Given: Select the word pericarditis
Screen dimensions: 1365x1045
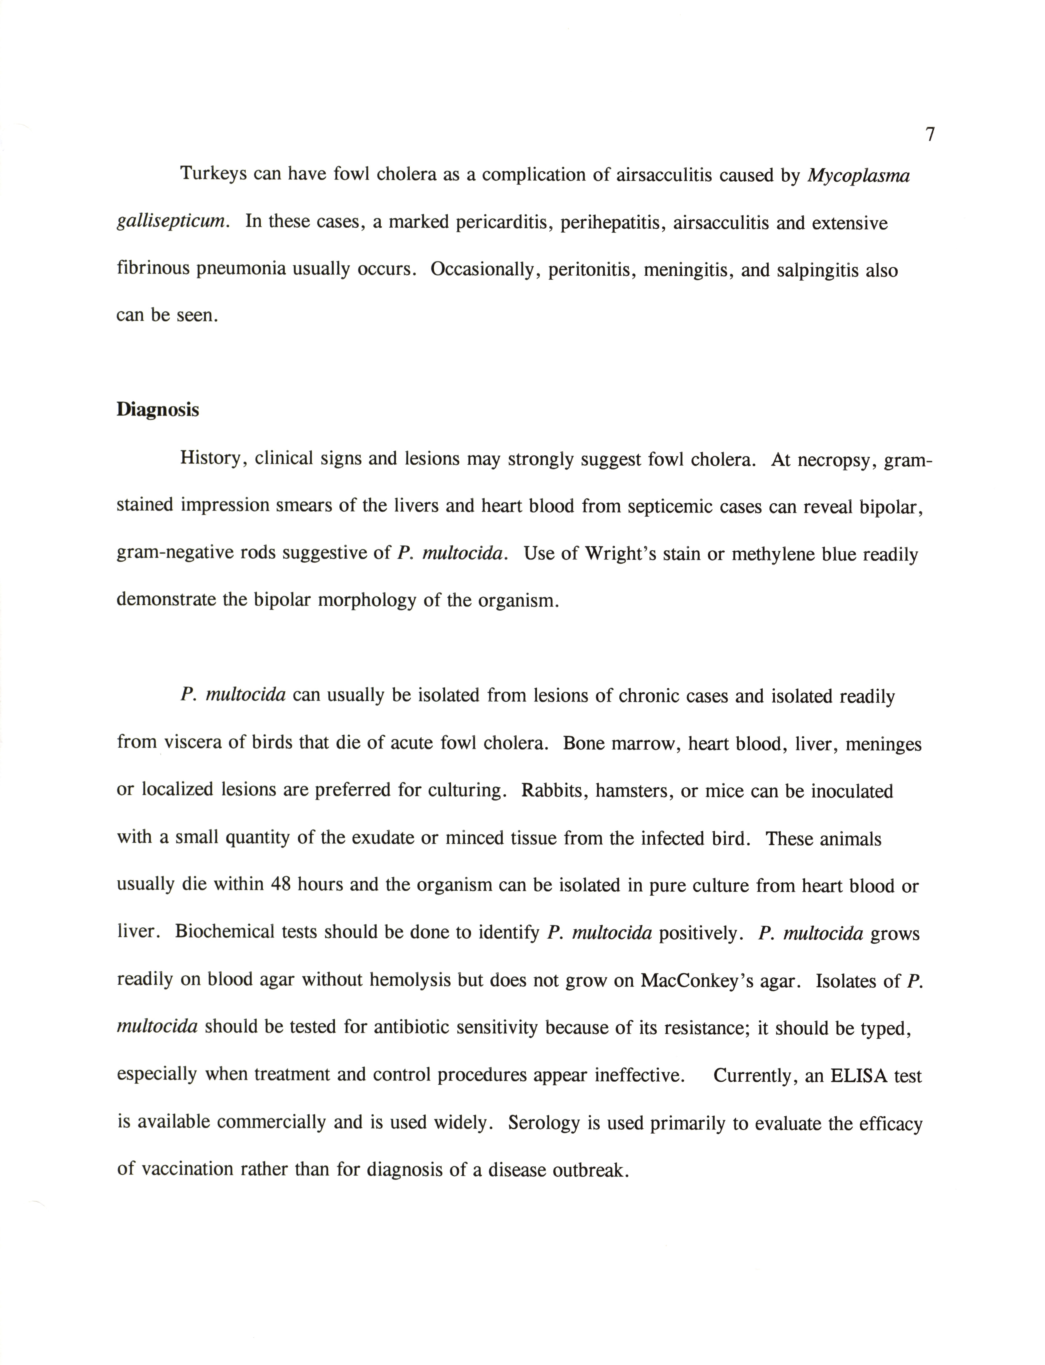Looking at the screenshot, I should coord(504,223).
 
